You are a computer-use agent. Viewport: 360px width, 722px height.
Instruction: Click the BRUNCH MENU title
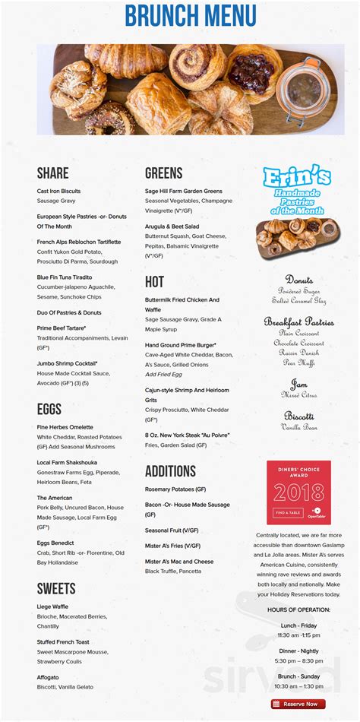click(180, 17)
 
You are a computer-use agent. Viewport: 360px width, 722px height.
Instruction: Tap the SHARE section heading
click(52, 173)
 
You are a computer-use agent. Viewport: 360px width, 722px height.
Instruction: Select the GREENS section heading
click(164, 173)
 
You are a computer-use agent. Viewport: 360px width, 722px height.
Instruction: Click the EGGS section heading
click(49, 410)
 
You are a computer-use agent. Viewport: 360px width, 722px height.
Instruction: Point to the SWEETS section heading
click(56, 588)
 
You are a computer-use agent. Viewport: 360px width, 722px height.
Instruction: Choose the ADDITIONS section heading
click(170, 471)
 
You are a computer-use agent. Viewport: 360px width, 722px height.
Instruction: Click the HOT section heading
click(154, 282)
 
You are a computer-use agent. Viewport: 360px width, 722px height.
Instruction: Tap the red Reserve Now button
click(298, 704)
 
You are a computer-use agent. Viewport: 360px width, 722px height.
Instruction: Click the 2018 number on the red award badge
click(298, 493)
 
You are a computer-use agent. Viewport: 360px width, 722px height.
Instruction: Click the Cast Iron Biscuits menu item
click(58, 191)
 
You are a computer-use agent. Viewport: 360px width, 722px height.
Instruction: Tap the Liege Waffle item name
click(52, 606)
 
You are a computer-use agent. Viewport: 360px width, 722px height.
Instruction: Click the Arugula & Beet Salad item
click(172, 226)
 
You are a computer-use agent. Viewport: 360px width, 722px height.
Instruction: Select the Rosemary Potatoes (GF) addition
click(175, 489)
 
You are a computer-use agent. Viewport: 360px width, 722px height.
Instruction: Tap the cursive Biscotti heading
click(299, 416)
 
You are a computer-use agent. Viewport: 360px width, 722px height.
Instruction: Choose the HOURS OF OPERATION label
click(298, 610)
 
